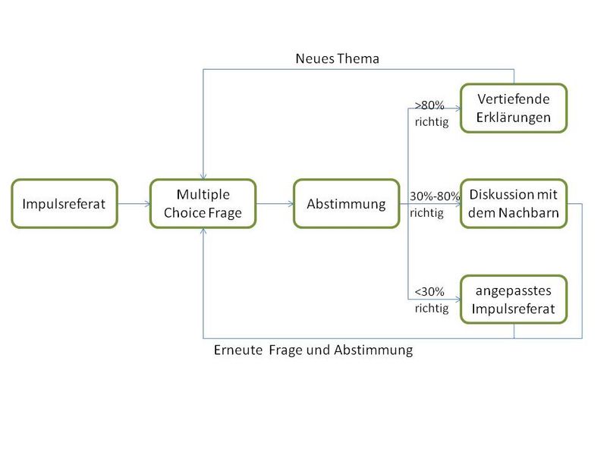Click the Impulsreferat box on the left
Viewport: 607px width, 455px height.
64,203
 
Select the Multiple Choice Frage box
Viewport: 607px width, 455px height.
203,203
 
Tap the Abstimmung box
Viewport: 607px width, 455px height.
347,203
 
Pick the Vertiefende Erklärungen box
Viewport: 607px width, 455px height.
514,108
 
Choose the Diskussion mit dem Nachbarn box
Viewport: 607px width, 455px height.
514,203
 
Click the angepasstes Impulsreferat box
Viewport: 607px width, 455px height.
514,299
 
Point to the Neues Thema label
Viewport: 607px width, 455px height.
337,58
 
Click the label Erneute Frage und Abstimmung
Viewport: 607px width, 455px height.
313,350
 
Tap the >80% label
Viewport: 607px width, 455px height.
429,105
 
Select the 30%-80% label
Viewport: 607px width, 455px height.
435,196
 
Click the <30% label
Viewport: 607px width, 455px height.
429,292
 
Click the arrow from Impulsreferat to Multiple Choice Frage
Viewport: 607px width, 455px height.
134,203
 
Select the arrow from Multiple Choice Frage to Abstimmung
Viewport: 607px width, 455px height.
275,203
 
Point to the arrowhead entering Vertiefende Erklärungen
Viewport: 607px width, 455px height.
458,108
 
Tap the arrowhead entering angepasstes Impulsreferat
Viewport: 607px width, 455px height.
458,299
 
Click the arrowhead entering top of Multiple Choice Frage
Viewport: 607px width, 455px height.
203,176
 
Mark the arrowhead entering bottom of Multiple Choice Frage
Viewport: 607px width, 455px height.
203,231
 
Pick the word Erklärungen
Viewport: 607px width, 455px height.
514,118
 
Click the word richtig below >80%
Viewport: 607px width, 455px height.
432,122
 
